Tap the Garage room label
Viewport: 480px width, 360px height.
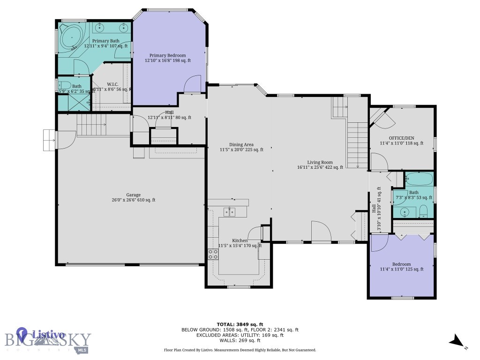(x=133, y=195)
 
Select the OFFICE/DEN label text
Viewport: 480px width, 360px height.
(x=401, y=138)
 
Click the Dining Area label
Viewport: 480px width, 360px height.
(x=241, y=144)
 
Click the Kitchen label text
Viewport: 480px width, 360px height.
(x=240, y=240)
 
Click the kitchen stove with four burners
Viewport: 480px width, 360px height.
(x=213, y=255)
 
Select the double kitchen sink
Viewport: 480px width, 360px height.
(x=229, y=212)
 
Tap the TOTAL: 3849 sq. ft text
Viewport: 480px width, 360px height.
(x=240, y=324)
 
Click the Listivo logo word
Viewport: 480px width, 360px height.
(x=48, y=334)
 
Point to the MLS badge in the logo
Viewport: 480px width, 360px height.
(x=82, y=350)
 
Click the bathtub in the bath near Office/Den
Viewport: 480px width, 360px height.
(x=418, y=179)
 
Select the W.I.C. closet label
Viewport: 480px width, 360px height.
(x=112, y=84)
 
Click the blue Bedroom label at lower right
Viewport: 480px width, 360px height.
(x=402, y=264)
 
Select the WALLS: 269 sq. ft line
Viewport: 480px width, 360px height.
(x=240, y=341)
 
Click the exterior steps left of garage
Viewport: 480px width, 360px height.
(x=49, y=140)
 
